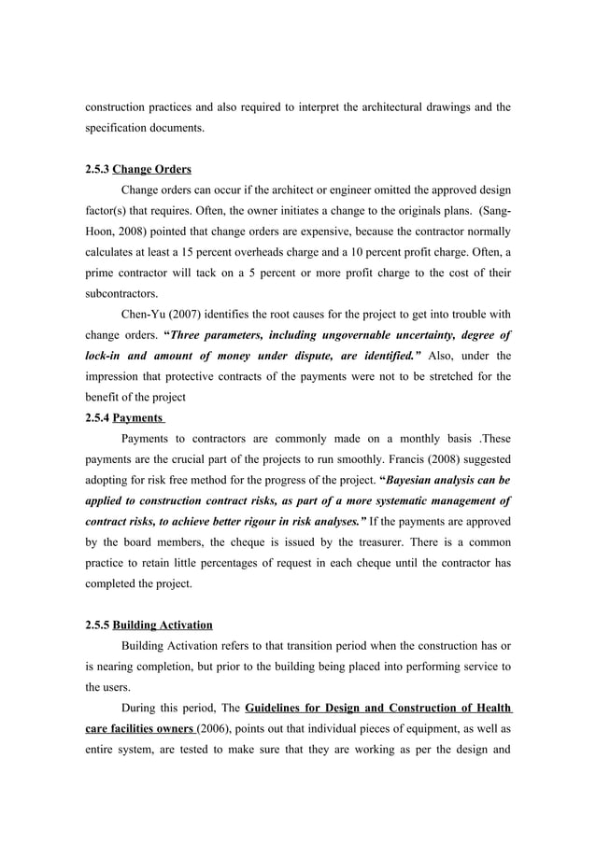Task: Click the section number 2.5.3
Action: point(97,170)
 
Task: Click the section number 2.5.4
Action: point(97,417)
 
